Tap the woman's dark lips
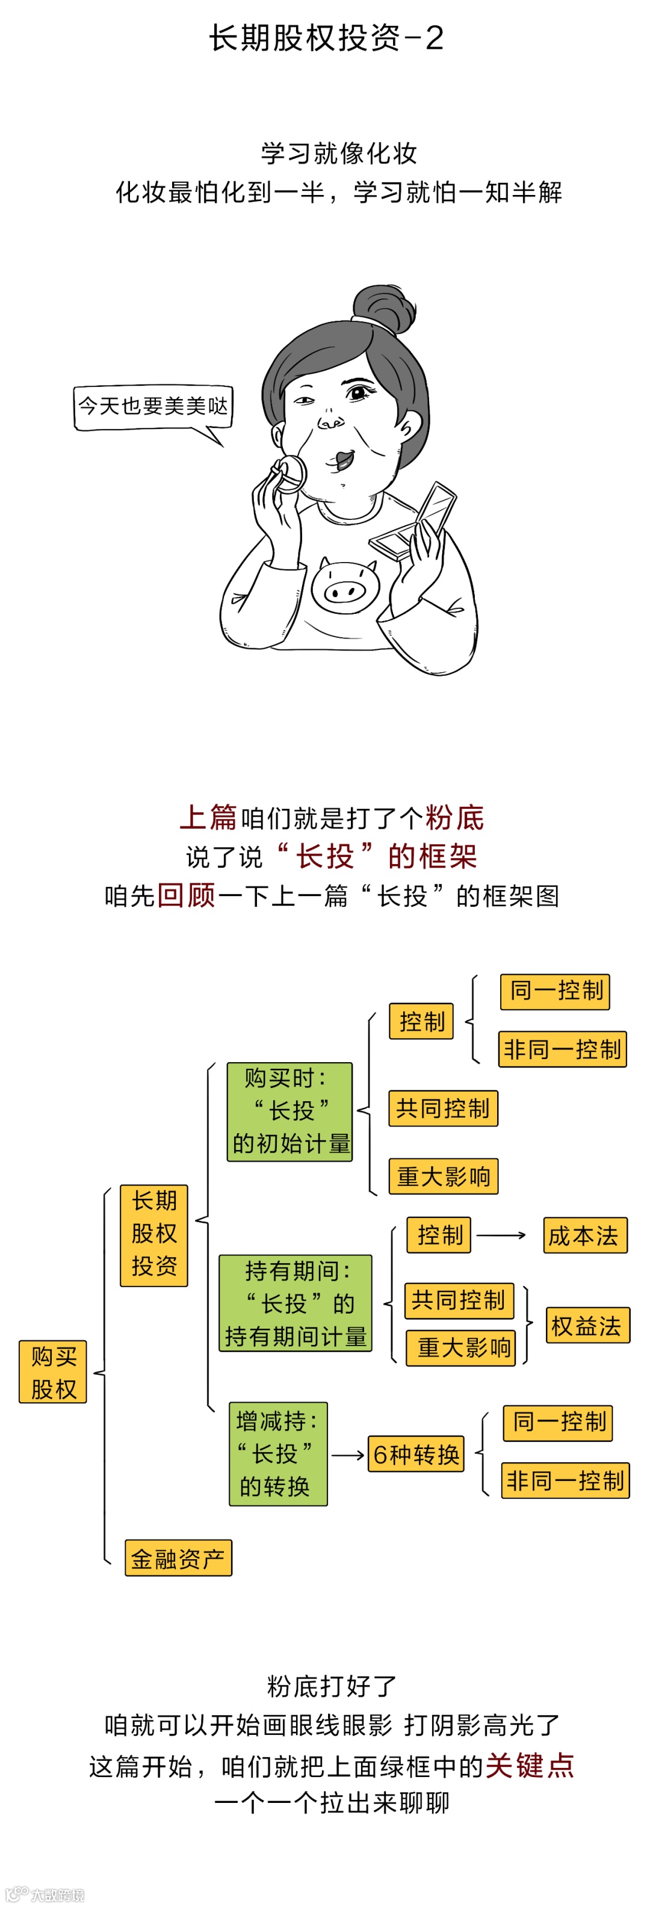[344, 460]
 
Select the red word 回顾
[186, 896]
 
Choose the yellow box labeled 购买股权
[54, 1372]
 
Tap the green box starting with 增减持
[277, 1453]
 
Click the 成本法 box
[584, 1235]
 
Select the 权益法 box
[587, 1325]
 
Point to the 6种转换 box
[416, 1454]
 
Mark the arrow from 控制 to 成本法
[501, 1235]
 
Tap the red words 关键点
[529, 1766]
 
